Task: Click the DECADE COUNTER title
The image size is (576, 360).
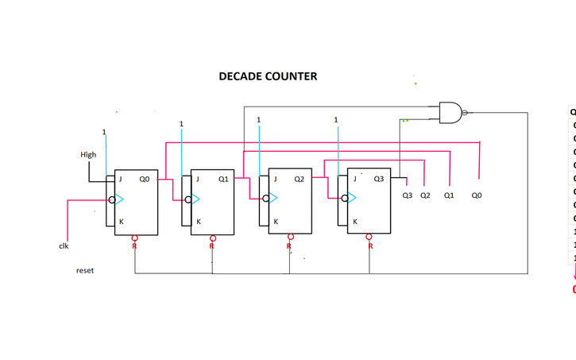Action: pyautogui.click(x=268, y=77)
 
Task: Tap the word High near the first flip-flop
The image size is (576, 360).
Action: pyautogui.click(x=88, y=155)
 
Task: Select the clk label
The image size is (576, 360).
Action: pyautogui.click(x=64, y=246)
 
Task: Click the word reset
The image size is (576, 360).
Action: pyautogui.click(x=84, y=271)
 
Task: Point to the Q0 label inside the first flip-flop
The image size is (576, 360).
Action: pyautogui.click(x=145, y=180)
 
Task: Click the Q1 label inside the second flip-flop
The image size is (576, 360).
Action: pyautogui.click(x=222, y=180)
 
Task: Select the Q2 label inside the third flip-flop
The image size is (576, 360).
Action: pyautogui.click(x=300, y=180)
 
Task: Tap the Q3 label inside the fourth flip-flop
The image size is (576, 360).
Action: pyautogui.click(x=378, y=180)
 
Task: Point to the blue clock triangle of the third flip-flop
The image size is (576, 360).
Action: pyautogui.click(x=275, y=199)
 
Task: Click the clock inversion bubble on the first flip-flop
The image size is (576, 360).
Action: pyautogui.click(x=112, y=199)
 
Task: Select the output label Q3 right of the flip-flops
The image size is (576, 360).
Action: pyautogui.click(x=407, y=195)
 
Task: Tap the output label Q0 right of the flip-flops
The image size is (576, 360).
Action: pyautogui.click(x=476, y=195)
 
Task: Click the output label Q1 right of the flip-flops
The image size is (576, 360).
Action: pyautogui.click(x=448, y=195)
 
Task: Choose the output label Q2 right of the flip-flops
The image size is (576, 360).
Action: pyautogui.click(x=425, y=195)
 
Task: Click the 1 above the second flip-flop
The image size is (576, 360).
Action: pyautogui.click(x=181, y=124)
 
